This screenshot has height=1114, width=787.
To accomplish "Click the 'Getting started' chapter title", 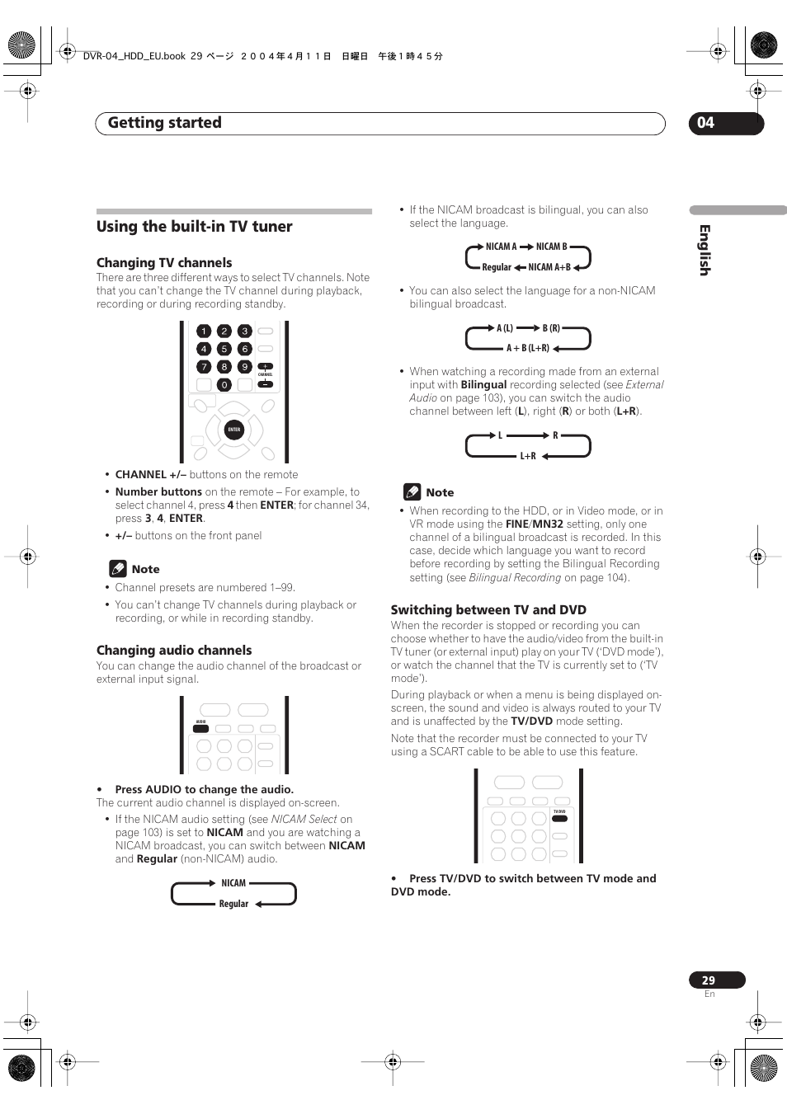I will tap(165, 123).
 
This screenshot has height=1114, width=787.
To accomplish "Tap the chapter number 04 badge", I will tap(706, 123).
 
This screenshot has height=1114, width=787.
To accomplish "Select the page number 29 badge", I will tap(709, 980).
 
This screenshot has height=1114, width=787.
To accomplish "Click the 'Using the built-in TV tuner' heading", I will tap(195, 227).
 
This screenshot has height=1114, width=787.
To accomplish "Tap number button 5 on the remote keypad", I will tap(224, 349).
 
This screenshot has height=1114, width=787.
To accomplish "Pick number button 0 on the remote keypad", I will tap(224, 385).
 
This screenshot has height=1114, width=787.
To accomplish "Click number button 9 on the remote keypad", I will tap(244, 367).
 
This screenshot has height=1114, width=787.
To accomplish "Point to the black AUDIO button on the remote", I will tap(200, 729).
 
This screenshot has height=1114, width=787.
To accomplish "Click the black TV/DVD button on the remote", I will tap(559, 819).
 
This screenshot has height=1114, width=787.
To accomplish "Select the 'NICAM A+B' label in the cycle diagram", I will tap(549, 267).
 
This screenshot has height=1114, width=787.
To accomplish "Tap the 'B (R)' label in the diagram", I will tap(551, 328).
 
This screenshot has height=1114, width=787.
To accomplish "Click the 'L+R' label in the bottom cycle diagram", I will tap(528, 456).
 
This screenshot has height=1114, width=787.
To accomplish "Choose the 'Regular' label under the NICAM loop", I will tap(233, 904).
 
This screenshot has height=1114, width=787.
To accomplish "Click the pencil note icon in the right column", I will tap(412, 492).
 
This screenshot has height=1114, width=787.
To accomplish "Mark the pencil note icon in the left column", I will tap(118, 569).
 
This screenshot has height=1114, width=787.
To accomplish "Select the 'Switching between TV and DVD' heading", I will tap(488, 610).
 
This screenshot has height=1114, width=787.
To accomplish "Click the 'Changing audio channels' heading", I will tap(174, 651).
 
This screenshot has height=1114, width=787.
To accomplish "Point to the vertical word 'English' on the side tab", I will tap(705, 250).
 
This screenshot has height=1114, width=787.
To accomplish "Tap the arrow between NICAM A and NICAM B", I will tap(526, 247).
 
